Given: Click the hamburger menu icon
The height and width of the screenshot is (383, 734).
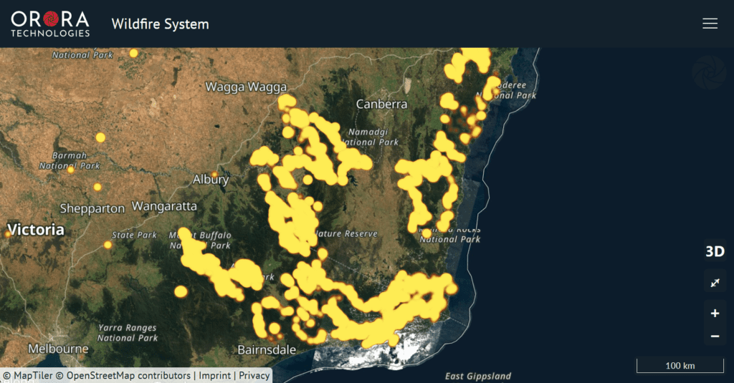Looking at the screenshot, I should (x=710, y=24).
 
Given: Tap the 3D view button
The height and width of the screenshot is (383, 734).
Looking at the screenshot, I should (x=715, y=251).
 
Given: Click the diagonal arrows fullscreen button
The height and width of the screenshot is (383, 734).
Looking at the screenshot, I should (x=715, y=283).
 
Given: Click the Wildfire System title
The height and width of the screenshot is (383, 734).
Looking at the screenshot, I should (x=160, y=24).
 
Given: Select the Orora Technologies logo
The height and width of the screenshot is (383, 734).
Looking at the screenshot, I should (x=50, y=24).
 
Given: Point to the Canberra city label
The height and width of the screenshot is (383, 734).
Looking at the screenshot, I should (x=381, y=105).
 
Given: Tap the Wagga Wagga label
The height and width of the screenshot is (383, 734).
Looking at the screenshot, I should (x=246, y=87).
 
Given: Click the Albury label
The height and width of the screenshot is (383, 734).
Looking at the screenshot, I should (x=211, y=179).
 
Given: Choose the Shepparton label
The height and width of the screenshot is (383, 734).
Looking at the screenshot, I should (x=92, y=208).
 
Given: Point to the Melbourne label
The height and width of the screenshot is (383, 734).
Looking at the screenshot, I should (x=58, y=349).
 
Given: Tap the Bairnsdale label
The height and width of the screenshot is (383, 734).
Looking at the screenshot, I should (x=267, y=350).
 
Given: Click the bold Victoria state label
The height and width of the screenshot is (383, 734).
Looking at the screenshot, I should (x=36, y=230).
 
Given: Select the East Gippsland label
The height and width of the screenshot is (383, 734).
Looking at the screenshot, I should (x=478, y=376).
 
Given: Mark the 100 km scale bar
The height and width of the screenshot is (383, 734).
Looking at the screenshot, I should (x=680, y=367).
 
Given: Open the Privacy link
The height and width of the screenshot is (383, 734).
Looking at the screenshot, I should (x=254, y=375).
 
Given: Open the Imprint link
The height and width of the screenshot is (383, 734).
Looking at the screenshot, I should (x=214, y=375).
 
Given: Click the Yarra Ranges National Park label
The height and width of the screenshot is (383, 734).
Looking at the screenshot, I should (x=128, y=333).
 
